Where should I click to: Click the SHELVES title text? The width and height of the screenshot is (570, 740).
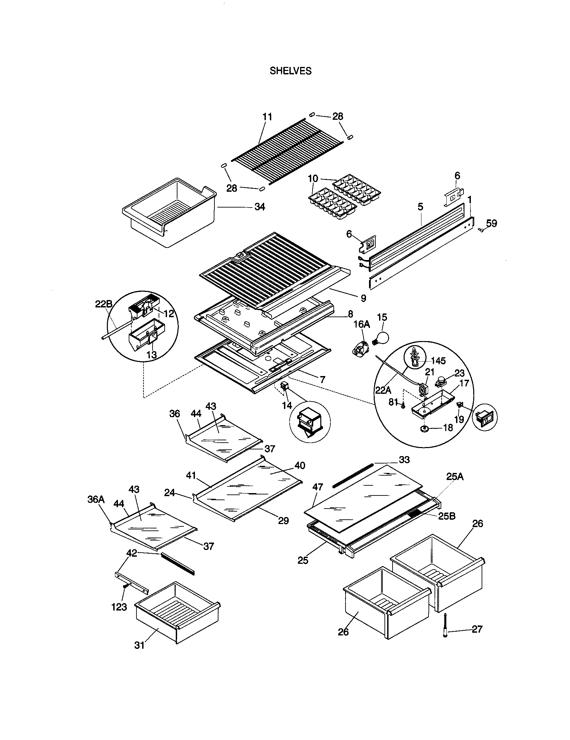coord(290,71)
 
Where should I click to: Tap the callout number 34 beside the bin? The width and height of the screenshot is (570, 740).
coord(259,207)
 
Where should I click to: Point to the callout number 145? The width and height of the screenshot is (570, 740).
coord(439,361)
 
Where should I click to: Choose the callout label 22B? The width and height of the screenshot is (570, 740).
coord(104,304)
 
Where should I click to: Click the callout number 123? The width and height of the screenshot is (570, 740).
coord(119,607)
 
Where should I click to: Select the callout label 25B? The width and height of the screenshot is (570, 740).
coord(447,516)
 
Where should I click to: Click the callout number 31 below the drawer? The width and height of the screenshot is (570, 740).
coord(139,645)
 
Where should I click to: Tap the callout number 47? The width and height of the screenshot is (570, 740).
coord(318,487)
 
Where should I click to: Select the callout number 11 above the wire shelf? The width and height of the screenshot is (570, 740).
coord(268,117)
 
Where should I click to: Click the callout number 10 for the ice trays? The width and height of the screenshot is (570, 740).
coord(313,178)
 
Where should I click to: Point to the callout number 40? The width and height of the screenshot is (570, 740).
coord(300,465)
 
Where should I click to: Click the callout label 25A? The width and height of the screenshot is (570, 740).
coord(455,477)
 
